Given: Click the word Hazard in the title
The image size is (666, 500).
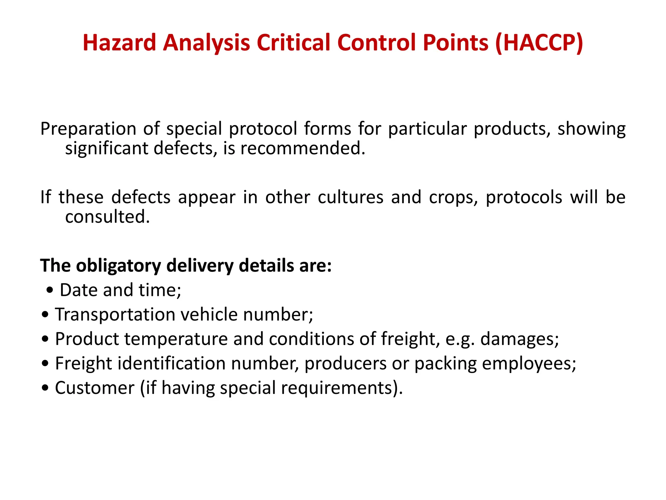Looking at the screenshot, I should coord(119,43).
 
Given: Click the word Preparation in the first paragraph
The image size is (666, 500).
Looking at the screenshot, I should coord(88,129).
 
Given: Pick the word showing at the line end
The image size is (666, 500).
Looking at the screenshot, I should coord(591,129).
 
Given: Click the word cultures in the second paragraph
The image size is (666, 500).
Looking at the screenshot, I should coord(350,197).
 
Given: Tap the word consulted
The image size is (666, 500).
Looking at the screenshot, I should coord(107,217).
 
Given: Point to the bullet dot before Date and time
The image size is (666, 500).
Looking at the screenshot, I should coord(49,290).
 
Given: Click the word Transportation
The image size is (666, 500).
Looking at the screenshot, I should coord(115,315).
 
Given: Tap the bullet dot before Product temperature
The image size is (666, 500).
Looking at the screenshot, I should coord(45,339).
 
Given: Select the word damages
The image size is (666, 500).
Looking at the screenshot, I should coord(519,339).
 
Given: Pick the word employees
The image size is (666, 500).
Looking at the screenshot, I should coord(529,364).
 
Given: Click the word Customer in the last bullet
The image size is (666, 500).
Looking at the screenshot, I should coord(95,388).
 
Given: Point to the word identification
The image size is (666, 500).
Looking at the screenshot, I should coord(171,363).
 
